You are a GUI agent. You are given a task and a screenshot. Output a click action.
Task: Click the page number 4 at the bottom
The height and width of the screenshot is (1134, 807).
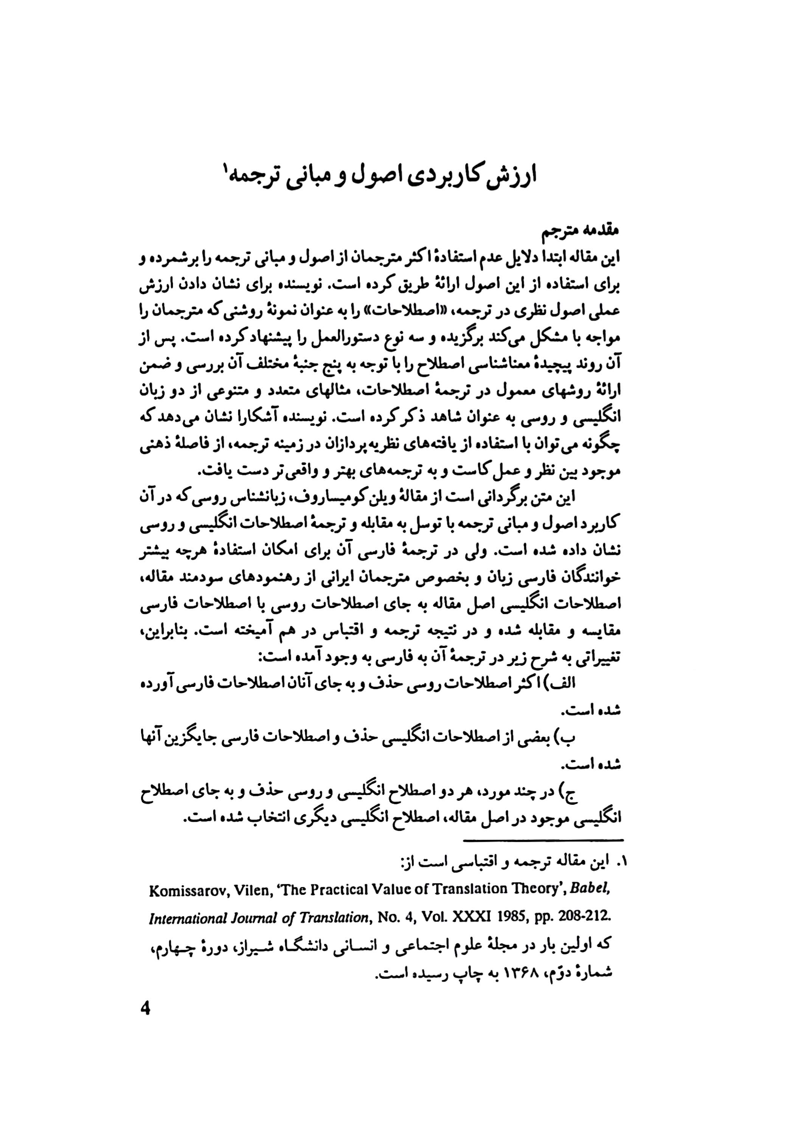tap(146, 1009)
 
